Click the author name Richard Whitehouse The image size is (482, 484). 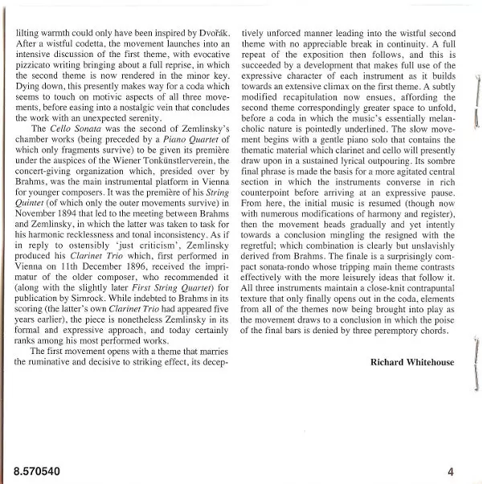(x=412, y=362)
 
